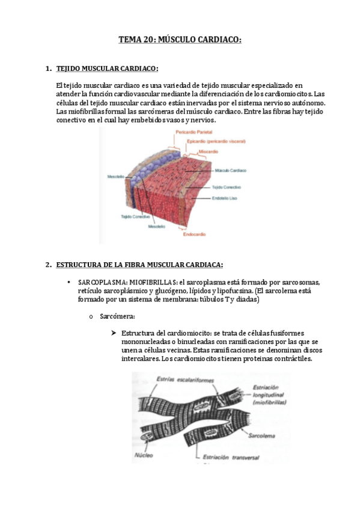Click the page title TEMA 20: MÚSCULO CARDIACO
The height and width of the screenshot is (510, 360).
click(180, 40)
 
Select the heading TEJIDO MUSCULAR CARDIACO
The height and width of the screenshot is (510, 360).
click(107, 69)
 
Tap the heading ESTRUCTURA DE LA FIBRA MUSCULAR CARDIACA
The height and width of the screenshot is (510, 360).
click(139, 265)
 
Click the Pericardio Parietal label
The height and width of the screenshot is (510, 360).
click(194, 132)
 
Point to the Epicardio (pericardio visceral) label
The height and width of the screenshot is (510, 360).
click(216, 141)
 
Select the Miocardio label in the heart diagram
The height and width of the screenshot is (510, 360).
click(209, 152)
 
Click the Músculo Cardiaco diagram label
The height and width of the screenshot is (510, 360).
click(231, 170)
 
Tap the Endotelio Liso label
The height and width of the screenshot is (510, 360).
click(225, 198)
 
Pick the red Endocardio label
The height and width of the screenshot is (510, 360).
click(194, 234)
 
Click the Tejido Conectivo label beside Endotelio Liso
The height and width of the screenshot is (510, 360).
click(227, 188)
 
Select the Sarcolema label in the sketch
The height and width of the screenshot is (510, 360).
click(261, 436)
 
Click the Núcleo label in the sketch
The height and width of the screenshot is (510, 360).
click(144, 455)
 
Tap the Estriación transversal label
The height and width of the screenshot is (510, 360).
click(231, 457)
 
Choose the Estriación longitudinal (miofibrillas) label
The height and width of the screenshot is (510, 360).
click(269, 395)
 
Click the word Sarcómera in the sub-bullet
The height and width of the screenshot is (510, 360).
click(117, 316)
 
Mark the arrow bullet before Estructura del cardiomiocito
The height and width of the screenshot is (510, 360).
click(114, 333)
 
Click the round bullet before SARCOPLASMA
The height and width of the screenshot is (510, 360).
click(69, 282)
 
